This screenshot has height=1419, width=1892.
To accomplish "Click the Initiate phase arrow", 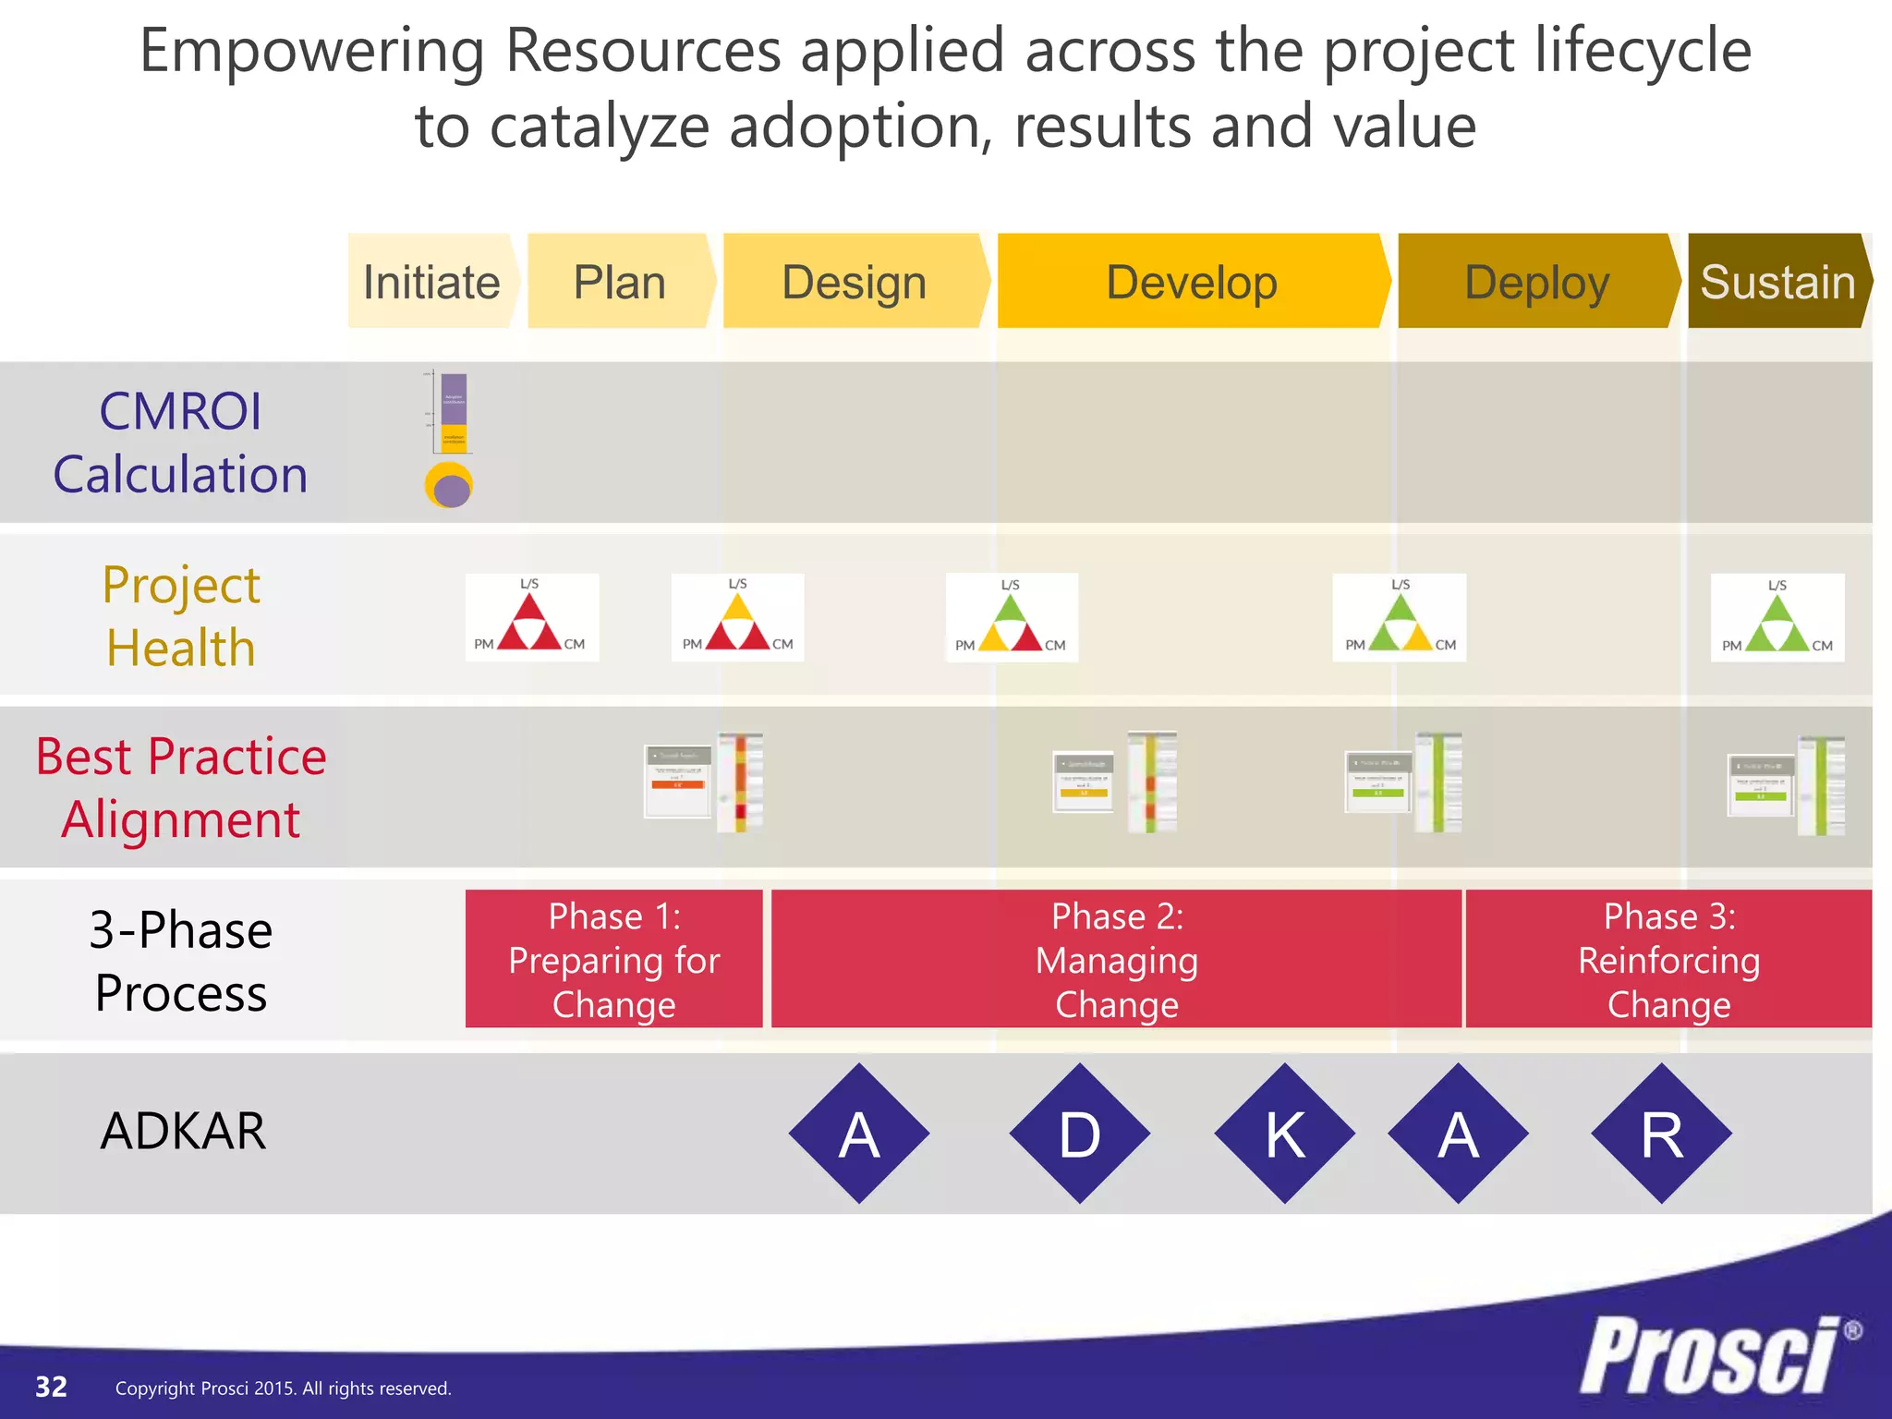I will (431, 282).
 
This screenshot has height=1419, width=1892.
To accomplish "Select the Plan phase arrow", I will (620, 282).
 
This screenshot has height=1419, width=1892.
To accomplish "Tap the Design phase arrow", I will (855, 282).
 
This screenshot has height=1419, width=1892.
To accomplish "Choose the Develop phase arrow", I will (1192, 282).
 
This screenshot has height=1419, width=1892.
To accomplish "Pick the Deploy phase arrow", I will (1537, 282).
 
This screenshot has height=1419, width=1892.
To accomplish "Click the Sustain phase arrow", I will (1778, 282).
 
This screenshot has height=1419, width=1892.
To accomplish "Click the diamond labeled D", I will (1080, 1134).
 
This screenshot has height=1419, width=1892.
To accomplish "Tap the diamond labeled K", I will (1285, 1134).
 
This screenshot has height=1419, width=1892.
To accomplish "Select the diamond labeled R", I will (1661, 1134).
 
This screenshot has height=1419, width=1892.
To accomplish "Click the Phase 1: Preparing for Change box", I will (614, 959).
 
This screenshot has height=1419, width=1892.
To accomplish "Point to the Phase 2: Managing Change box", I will (1117, 959).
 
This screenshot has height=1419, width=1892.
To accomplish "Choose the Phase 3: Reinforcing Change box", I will (1668, 959).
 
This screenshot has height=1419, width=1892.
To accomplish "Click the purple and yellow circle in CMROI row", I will (449, 486).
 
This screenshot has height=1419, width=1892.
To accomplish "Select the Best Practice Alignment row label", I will (181, 787).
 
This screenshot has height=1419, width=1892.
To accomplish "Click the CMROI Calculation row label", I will (181, 443).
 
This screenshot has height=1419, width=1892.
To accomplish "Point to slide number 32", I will (51, 1387).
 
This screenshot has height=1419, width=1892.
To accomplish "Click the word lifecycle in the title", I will (1643, 51).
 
